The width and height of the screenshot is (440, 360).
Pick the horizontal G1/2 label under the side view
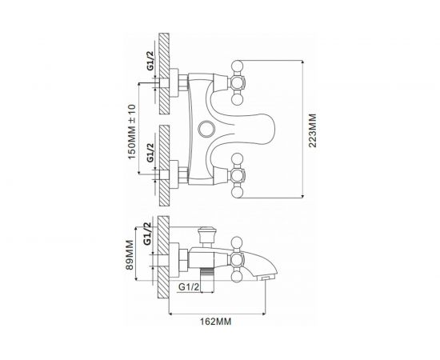188,286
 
